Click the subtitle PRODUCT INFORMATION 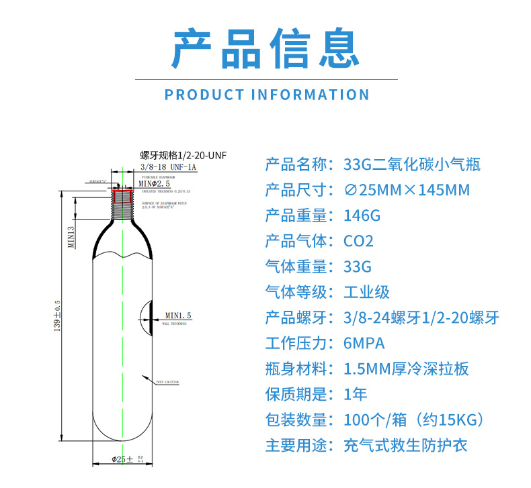pyautogui.click(x=267, y=95)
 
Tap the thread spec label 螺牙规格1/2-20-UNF pyautogui.click(x=183, y=155)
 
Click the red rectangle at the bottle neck pyautogui.click(x=122, y=196)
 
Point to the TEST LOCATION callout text pyautogui.click(x=167, y=382)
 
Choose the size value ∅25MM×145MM pyautogui.click(x=407, y=191)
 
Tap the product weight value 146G pyautogui.click(x=362, y=216)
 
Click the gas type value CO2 pyautogui.click(x=358, y=242)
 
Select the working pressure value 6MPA pyautogui.click(x=364, y=344)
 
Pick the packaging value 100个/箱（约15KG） pyautogui.click(x=413, y=420)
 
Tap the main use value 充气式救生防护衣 pyautogui.click(x=405, y=446)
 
